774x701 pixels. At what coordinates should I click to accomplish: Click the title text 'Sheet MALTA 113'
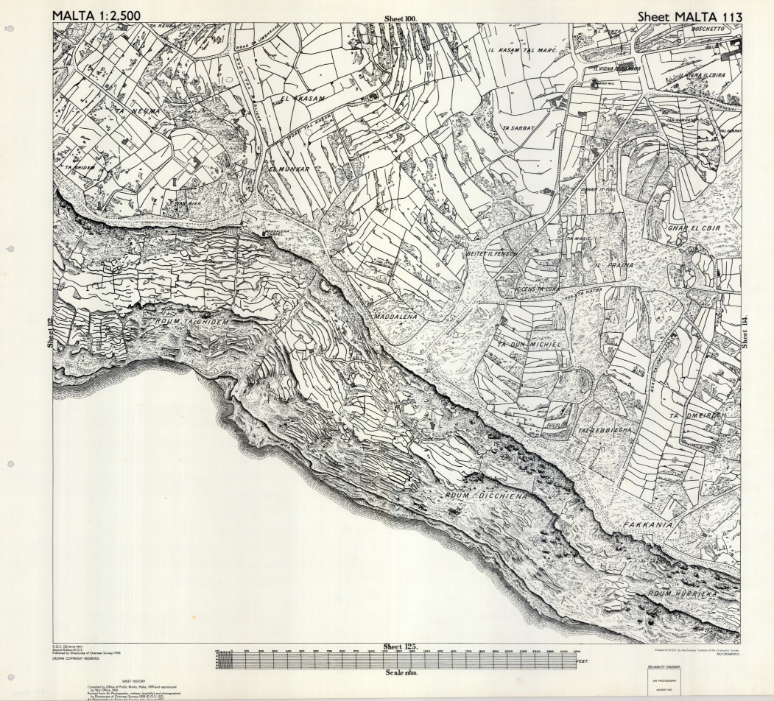689,15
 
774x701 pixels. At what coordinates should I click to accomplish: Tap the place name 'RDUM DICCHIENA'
485,496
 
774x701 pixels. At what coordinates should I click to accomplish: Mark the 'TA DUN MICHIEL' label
529,345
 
